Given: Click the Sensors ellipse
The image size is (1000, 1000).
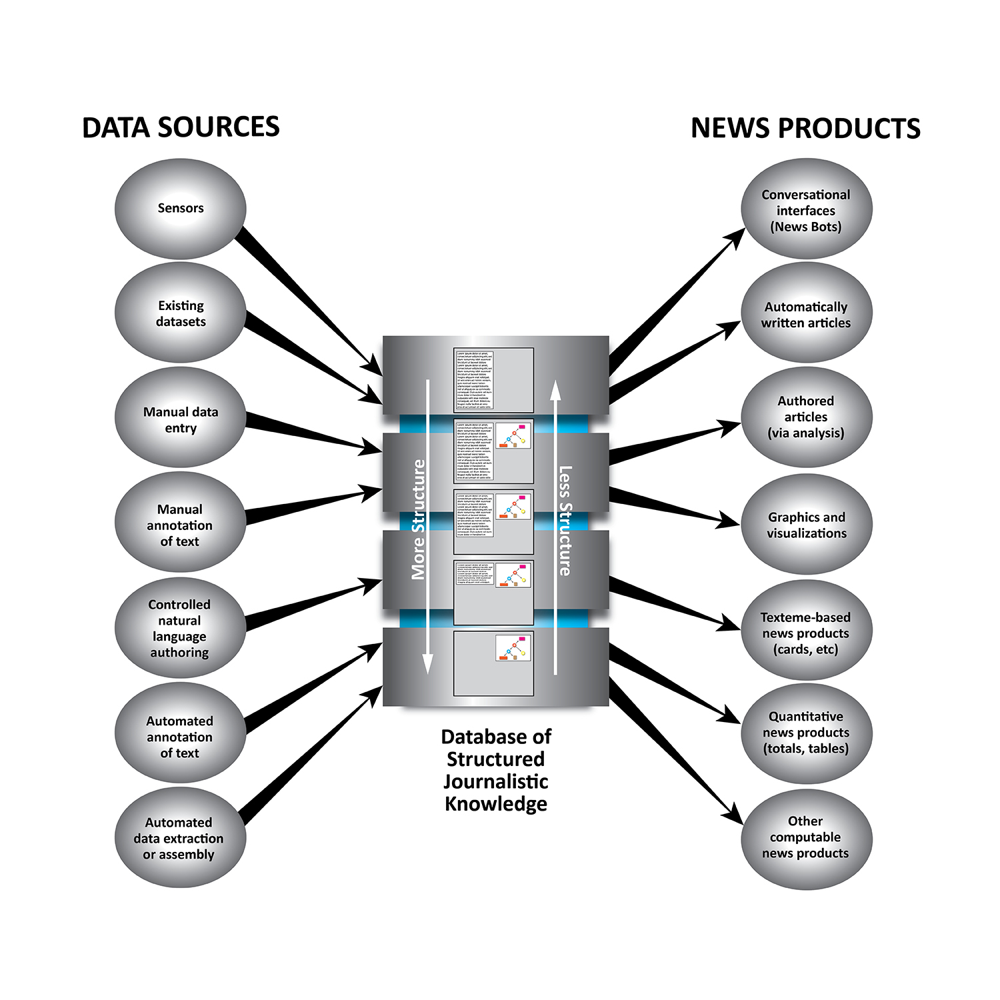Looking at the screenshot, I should pos(181,209).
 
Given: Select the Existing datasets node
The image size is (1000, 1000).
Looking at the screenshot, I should pos(181,313).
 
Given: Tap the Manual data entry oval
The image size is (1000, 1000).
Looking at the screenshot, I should pos(181,419).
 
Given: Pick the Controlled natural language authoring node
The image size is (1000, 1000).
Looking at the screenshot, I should pos(180,628).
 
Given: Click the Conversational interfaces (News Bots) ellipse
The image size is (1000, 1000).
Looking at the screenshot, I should pos(806,209).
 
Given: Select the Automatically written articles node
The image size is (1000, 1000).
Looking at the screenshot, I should pos(806,314).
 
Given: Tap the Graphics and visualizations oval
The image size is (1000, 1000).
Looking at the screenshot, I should pos(806,525).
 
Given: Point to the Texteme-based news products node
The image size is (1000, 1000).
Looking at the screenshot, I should pos(806,631).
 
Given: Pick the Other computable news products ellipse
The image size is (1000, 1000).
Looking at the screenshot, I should pos(806,837).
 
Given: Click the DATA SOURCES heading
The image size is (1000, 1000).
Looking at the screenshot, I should pos(181,127).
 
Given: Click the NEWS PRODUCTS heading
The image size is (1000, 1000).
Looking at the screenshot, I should pos(805,128).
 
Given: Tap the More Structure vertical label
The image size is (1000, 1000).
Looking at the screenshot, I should pos(419,519).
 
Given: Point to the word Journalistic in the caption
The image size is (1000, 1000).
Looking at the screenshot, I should pos(496,781).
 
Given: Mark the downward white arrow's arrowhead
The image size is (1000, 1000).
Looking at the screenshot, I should pos(428,663).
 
